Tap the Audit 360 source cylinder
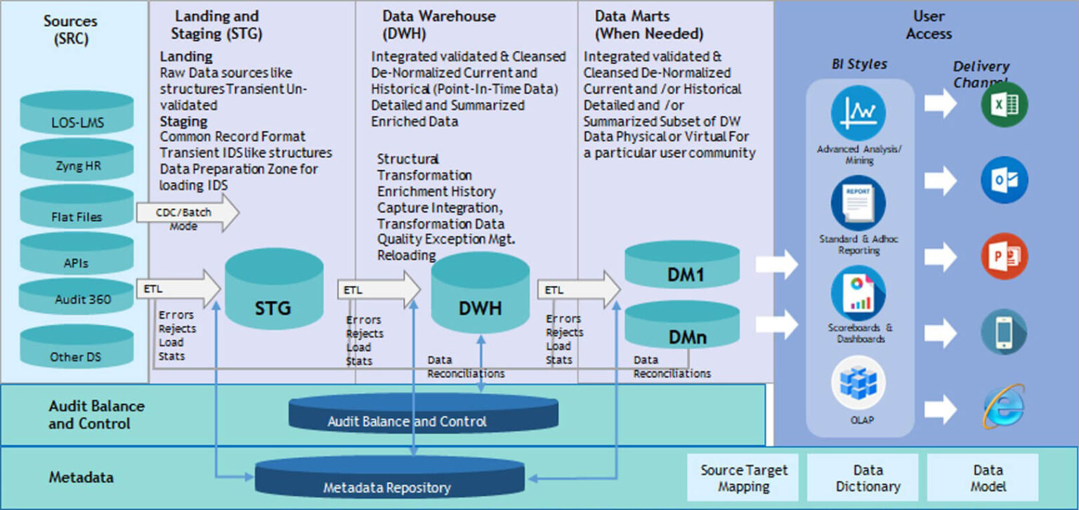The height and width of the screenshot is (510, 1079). (77, 296)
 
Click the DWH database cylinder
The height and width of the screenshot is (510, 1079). (480, 295)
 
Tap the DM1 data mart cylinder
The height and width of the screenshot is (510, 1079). (682, 268)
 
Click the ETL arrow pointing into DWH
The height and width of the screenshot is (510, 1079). (379, 289)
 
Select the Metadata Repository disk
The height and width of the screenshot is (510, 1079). (389, 479)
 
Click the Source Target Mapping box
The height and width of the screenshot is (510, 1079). (744, 478)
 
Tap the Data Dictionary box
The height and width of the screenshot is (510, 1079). (863, 478)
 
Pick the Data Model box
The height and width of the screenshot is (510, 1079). (982, 478)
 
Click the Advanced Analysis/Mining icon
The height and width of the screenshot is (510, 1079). (858, 112)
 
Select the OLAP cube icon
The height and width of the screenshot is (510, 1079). (858, 384)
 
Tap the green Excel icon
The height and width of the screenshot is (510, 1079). (1004, 105)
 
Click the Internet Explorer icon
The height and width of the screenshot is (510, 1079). (1004, 407)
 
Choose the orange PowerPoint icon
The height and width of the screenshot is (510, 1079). (1004, 256)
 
